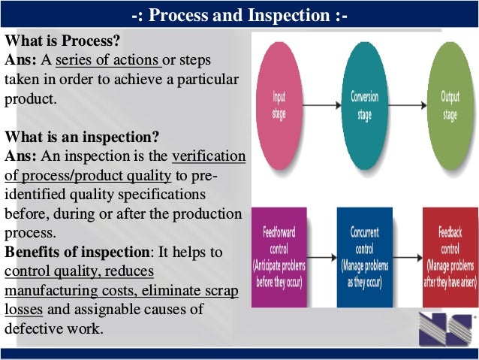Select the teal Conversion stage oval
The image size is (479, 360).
point(365,105)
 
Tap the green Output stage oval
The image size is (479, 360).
point(450,105)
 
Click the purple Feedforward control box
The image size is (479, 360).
point(280,257)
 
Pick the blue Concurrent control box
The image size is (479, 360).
point(364,257)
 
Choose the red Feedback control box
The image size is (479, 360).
point(450,257)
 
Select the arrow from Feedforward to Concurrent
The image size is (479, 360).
point(322,258)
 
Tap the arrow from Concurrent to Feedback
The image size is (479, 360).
point(407,258)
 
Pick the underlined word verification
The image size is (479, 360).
point(209,156)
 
